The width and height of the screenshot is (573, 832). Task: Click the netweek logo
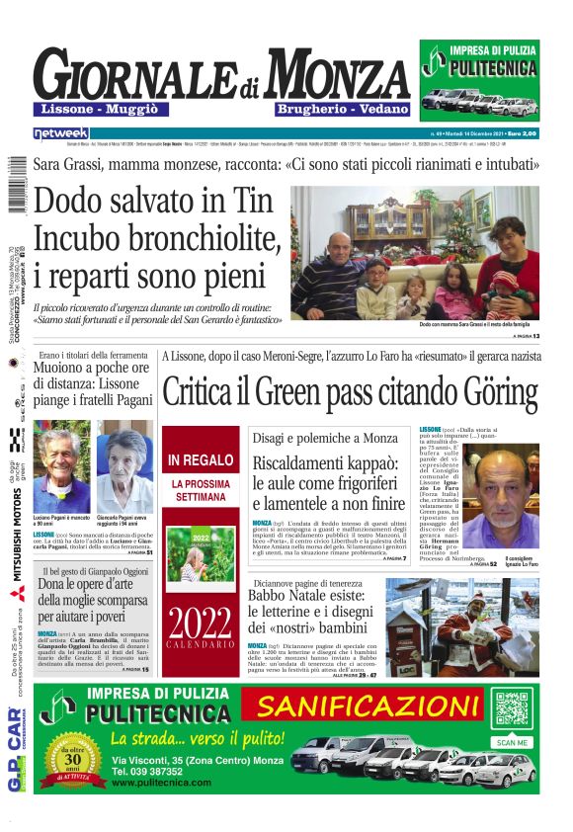tap(61, 132)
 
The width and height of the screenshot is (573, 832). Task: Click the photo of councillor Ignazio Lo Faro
tap(509, 499)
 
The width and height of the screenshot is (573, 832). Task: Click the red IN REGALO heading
tap(201, 460)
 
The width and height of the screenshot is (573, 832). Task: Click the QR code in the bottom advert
tap(513, 711)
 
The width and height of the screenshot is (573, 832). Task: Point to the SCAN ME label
tap(513, 741)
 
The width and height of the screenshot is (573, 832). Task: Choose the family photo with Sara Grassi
tap(415, 252)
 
